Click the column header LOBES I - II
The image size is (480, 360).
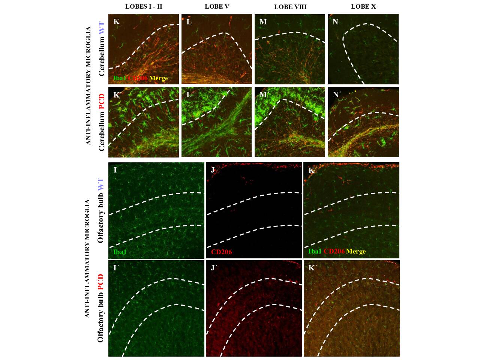click(144, 6)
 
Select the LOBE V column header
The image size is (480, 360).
click(217, 6)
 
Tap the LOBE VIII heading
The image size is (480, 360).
click(290, 7)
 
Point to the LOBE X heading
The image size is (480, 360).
click(363, 6)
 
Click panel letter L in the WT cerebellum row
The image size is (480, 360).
click(189, 22)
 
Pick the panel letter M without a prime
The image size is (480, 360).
click(263, 22)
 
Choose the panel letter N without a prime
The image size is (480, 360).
click(335, 22)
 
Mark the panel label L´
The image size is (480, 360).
click(190, 95)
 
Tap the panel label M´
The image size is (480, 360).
click(264, 95)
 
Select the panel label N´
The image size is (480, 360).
click(336, 95)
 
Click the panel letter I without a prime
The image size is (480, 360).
click(115, 170)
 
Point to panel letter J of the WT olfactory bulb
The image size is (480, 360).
click(213, 170)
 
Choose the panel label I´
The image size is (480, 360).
click(116, 268)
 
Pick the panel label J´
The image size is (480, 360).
click(214, 268)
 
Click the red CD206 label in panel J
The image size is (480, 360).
click(221, 252)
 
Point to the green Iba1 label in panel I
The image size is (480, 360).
click(120, 252)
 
